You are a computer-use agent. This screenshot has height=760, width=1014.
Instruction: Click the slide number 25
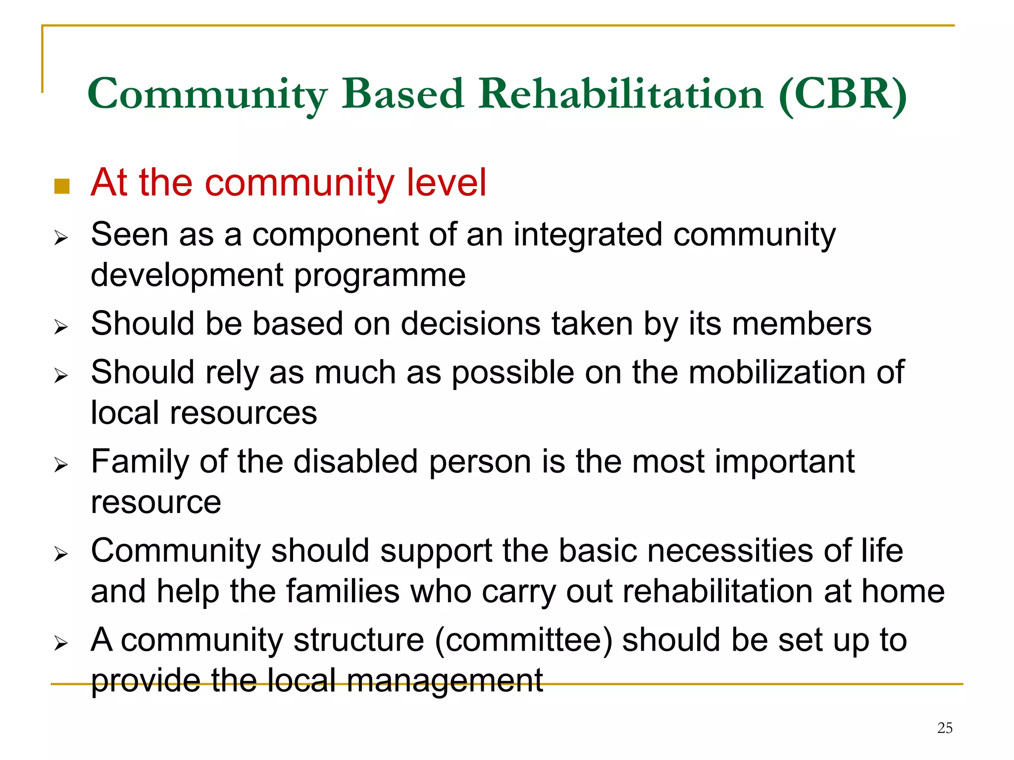tap(945, 728)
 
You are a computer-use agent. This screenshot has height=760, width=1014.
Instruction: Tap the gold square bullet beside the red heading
tap(62, 187)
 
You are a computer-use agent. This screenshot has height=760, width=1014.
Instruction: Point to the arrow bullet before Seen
tap(61, 238)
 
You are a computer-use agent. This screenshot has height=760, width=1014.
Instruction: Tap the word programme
tap(380, 276)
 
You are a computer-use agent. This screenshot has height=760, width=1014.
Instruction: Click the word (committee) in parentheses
tap(524, 640)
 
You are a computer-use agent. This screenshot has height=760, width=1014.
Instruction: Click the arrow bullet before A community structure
tap(61, 643)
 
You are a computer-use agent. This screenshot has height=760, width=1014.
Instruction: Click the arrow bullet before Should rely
tap(61, 376)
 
